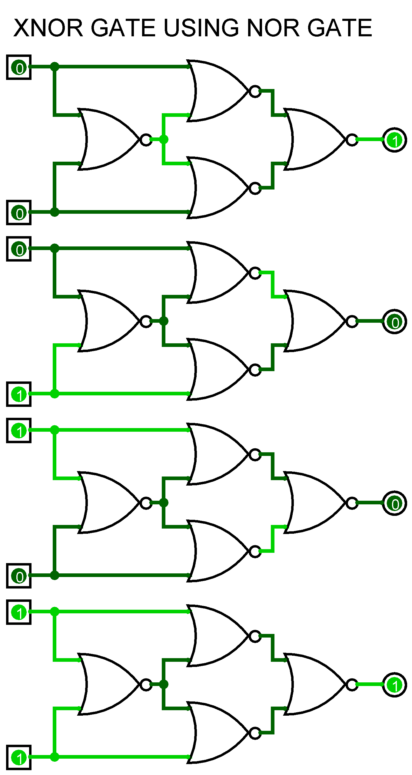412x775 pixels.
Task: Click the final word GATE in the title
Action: (x=340, y=28)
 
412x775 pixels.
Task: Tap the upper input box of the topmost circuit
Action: (x=19, y=67)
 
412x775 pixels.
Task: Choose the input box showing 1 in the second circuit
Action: (x=19, y=394)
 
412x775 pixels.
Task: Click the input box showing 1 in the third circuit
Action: (x=19, y=430)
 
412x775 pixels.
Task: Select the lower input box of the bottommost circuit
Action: (x=19, y=757)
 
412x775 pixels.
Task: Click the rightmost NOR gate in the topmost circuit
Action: (x=315, y=139)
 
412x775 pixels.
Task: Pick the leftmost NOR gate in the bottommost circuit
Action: (x=109, y=684)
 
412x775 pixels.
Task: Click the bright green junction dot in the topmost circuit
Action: (x=164, y=139)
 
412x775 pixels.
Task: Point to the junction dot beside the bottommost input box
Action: (x=55, y=757)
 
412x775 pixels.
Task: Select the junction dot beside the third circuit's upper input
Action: (x=55, y=430)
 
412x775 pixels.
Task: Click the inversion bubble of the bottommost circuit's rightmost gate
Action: (x=352, y=684)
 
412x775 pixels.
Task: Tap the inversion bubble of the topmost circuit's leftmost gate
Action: (x=146, y=140)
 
